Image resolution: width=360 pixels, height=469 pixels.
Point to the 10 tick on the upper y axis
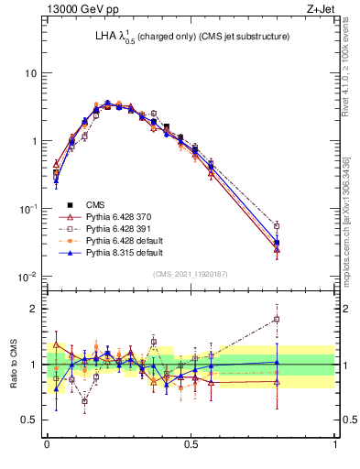[31, 73]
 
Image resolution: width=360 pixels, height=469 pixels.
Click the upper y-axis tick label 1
[34, 141]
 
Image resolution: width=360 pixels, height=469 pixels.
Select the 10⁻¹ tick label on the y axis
[29, 209]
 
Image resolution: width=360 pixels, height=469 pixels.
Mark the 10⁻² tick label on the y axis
[29, 277]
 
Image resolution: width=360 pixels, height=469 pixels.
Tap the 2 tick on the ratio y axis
[34, 309]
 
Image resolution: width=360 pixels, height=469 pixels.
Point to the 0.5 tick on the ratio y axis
[29, 419]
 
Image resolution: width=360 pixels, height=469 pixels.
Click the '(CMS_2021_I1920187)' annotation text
[191, 274]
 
